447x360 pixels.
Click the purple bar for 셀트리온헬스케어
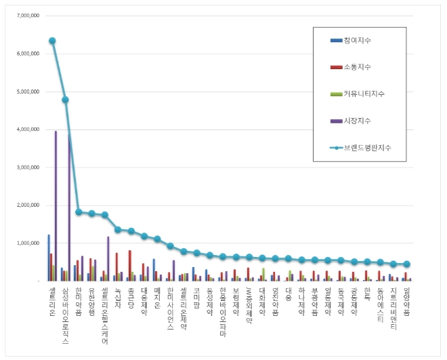pos(108,258)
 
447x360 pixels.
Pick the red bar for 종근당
pos(130,265)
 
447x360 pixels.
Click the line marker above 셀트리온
pos(52,41)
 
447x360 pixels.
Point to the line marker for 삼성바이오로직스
pos(65,100)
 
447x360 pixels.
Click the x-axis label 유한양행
pos(91,302)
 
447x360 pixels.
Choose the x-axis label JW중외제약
pos(249,305)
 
